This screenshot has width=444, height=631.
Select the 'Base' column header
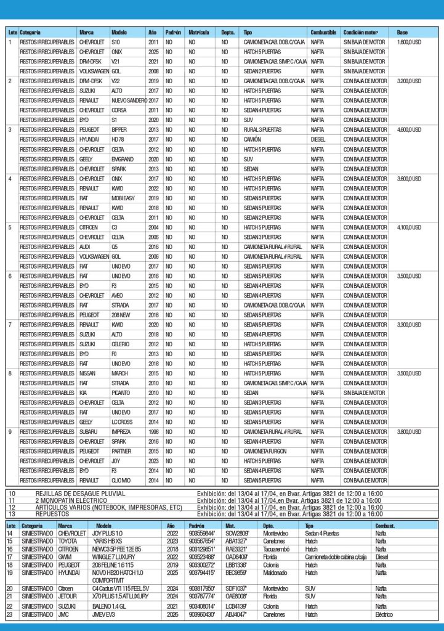coord(402,31)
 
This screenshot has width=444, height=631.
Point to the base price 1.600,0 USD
coord(409,42)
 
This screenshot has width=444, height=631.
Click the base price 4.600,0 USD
coord(409,129)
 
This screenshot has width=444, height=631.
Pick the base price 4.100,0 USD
coord(409,227)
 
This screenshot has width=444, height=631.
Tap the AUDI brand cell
coord(85,246)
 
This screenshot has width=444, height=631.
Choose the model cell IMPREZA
coord(121,432)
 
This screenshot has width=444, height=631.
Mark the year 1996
coord(153,432)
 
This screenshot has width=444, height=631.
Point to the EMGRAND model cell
coord(123,159)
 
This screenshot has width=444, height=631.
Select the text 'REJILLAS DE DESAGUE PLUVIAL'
coord(80,494)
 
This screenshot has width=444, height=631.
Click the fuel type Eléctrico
coord(385,614)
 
